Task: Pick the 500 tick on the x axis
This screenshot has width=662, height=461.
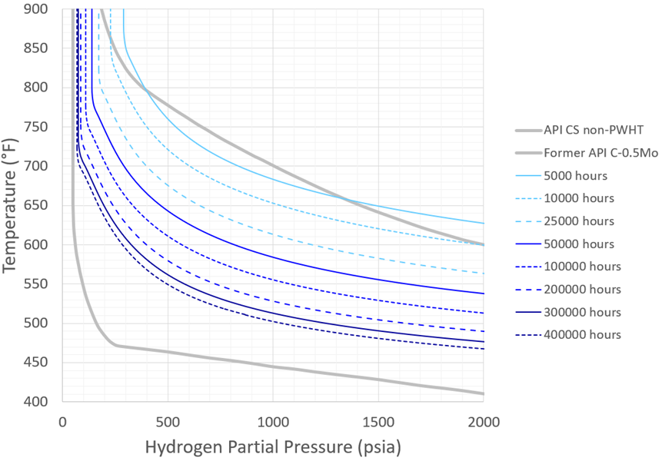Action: click(168, 422)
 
